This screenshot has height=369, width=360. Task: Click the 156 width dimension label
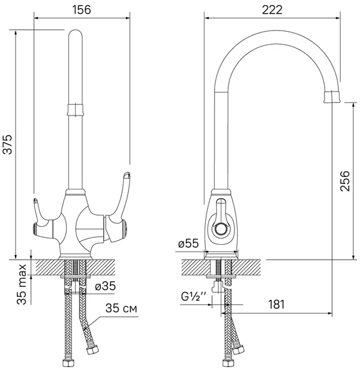[x=81, y=10]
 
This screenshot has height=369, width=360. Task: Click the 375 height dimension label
[x=7, y=144]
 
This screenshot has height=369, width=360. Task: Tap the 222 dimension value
[x=272, y=10]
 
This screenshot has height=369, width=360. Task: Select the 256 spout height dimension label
[x=345, y=181]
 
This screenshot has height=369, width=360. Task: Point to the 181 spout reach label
[x=276, y=304]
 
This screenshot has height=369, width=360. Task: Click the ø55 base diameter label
[x=188, y=244]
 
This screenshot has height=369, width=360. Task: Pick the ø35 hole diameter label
[x=105, y=286]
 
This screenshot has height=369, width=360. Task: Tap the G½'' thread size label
[x=194, y=297]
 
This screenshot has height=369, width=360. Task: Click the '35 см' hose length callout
[x=121, y=308]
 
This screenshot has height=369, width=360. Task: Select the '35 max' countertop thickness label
[x=21, y=285]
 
